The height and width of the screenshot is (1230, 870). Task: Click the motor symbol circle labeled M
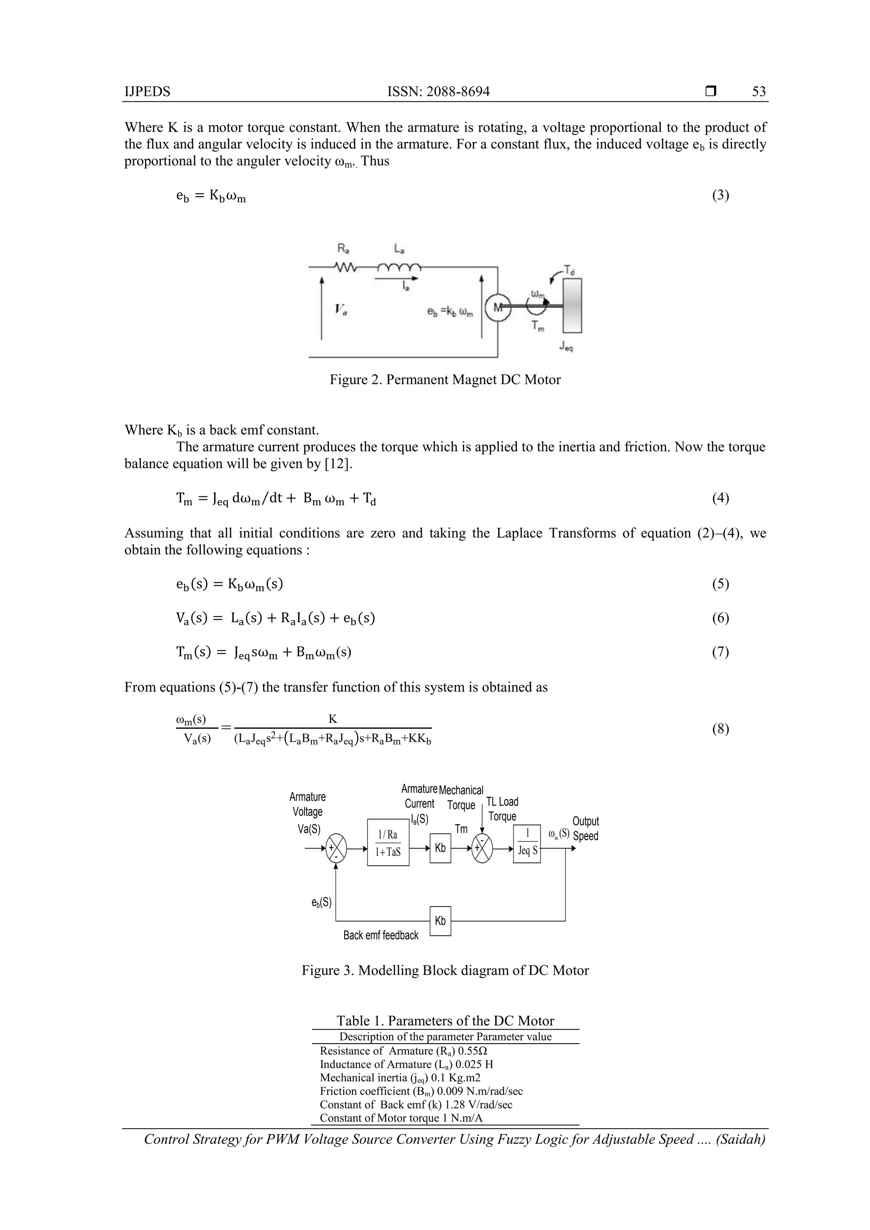pyautogui.click(x=498, y=307)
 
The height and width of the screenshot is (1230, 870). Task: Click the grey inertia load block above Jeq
pyautogui.click(x=572, y=305)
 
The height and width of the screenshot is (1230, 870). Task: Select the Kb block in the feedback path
pyautogui.click(x=440, y=921)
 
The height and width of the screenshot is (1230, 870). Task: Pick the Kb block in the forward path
pyautogui.click(x=440, y=848)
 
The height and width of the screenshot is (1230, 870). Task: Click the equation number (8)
pyautogui.click(x=720, y=729)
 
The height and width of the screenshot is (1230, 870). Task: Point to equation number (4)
pyautogui.click(x=720, y=498)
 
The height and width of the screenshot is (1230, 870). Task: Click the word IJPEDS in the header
pyautogui.click(x=147, y=92)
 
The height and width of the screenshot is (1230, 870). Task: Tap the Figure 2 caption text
pyautogui.click(x=445, y=380)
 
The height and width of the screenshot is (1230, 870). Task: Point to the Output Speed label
pyautogui.click(x=585, y=828)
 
